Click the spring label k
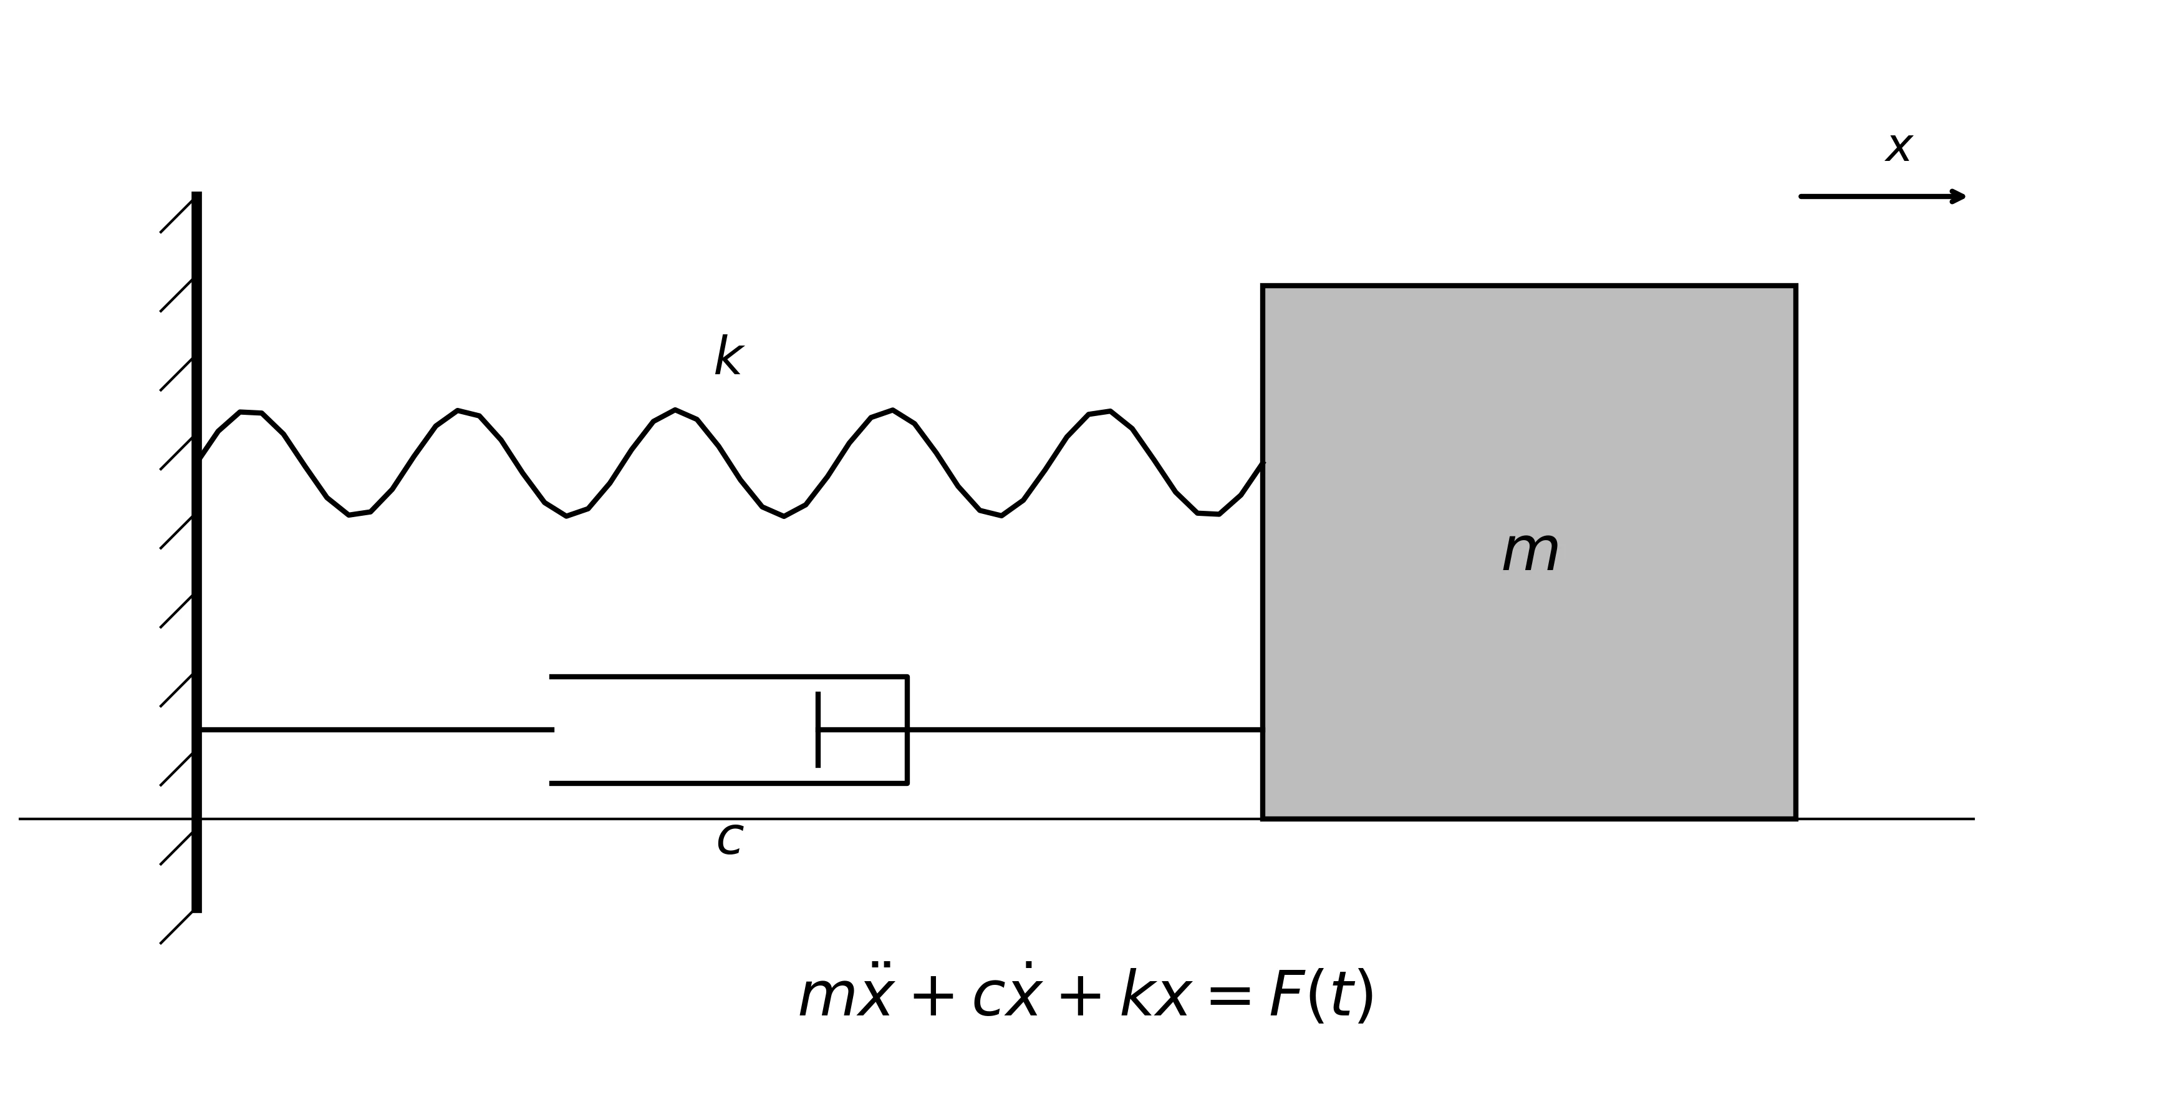pos(728,357)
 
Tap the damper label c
pos(730,840)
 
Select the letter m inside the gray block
pos(1530,553)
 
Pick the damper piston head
pos(818,730)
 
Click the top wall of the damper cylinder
pos(725,676)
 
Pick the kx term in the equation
pos(1154,996)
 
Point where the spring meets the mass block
pos(1262,463)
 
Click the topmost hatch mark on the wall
pos(177,216)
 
